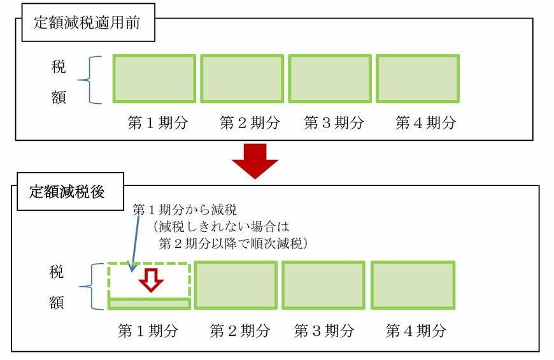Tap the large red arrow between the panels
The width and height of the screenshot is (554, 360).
click(255, 161)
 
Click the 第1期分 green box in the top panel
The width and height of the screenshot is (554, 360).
click(154, 78)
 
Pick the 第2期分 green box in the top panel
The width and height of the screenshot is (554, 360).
click(242, 78)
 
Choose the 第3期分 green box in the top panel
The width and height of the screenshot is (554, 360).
click(329, 78)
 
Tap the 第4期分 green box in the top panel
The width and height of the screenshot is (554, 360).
click(417, 78)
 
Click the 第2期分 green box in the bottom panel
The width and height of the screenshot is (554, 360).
click(235, 285)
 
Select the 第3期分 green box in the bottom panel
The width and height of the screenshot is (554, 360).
click(323, 285)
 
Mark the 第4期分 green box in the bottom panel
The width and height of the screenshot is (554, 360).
click(413, 285)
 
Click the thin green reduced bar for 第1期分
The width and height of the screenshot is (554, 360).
click(149, 303)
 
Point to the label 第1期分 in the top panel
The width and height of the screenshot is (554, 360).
click(158, 123)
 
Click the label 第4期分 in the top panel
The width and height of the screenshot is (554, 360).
click(425, 123)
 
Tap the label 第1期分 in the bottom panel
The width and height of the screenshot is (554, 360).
click(148, 331)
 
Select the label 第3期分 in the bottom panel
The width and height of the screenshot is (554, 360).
click(323, 331)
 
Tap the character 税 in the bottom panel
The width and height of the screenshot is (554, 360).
click(57, 272)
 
